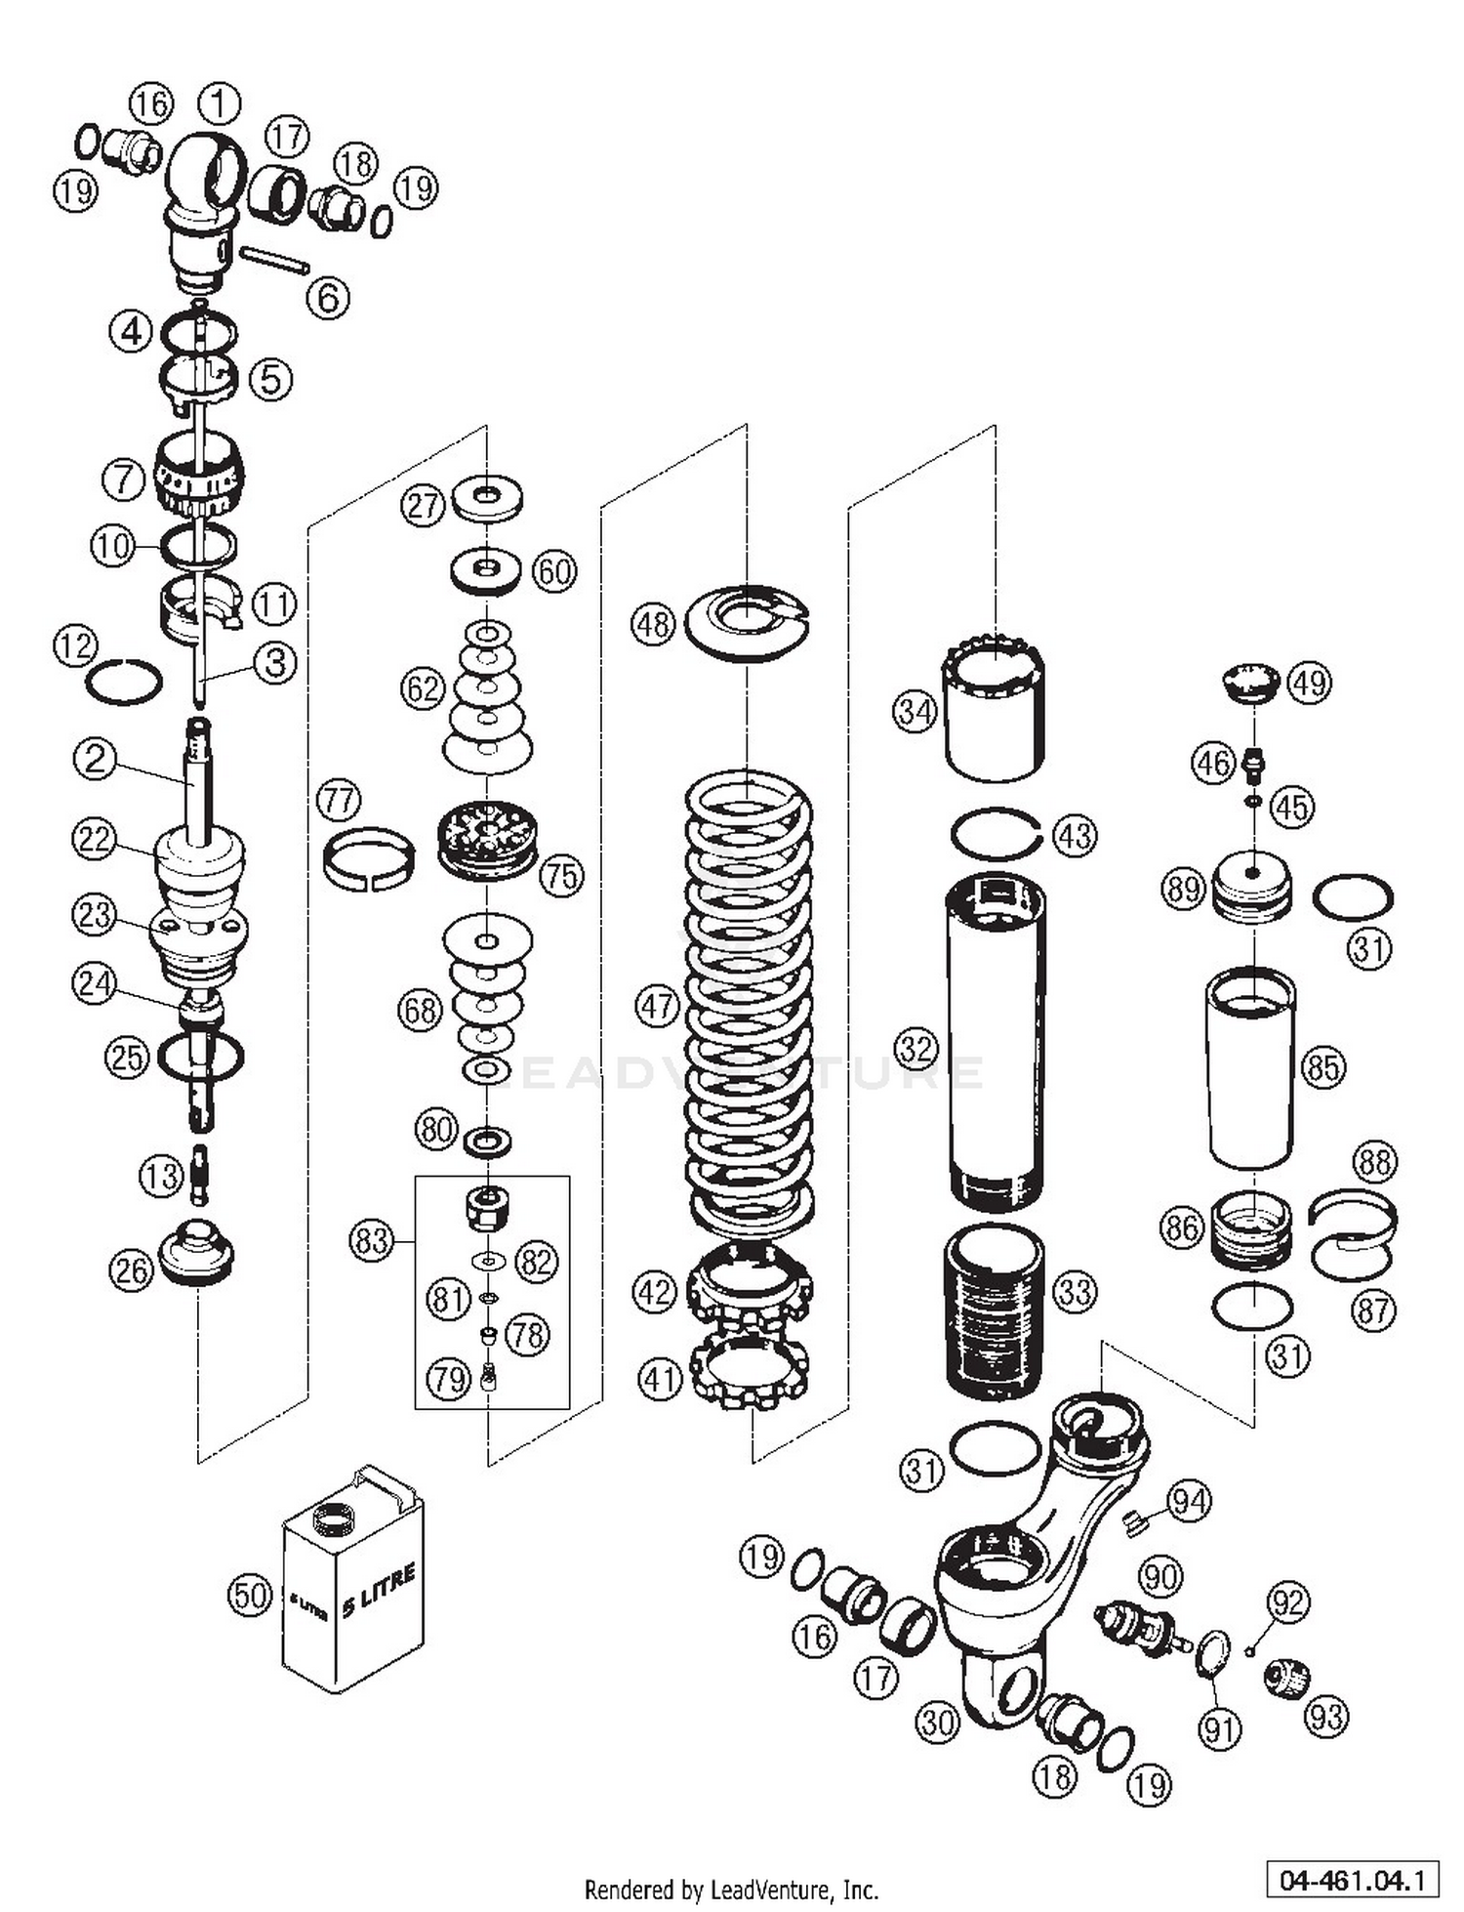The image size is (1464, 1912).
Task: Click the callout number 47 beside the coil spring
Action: coord(656,1005)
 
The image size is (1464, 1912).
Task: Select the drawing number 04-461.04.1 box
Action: coord(1352,1878)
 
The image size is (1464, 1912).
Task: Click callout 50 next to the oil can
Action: coord(249,1595)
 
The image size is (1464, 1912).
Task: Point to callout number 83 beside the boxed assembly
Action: coord(371,1240)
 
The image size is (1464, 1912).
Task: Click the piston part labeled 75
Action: coord(488,840)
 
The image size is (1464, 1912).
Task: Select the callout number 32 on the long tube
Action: coord(915,1049)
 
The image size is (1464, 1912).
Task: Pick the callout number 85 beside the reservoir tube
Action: coord(1324,1066)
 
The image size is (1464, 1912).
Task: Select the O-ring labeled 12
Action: coord(124,681)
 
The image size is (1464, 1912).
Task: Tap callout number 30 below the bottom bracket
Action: coord(937,1723)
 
